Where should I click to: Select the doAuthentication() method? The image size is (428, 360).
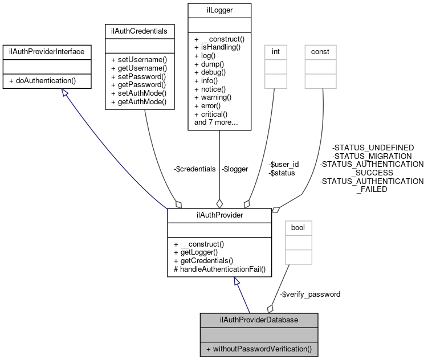click(x=42, y=81)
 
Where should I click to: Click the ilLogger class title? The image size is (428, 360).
click(x=219, y=11)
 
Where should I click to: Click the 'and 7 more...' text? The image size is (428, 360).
click(x=216, y=122)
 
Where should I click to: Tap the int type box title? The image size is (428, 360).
click(x=275, y=52)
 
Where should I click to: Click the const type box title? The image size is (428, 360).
click(x=320, y=52)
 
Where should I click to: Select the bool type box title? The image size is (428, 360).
click(x=298, y=227)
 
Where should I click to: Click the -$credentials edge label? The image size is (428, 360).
click(x=194, y=169)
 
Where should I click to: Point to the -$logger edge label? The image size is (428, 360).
click(x=235, y=169)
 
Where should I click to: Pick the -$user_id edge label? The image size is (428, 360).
click(x=283, y=164)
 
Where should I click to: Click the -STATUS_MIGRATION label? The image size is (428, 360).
click(x=372, y=156)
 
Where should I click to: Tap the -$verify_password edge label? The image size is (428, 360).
click(x=311, y=294)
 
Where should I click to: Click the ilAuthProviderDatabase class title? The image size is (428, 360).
click(x=258, y=320)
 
